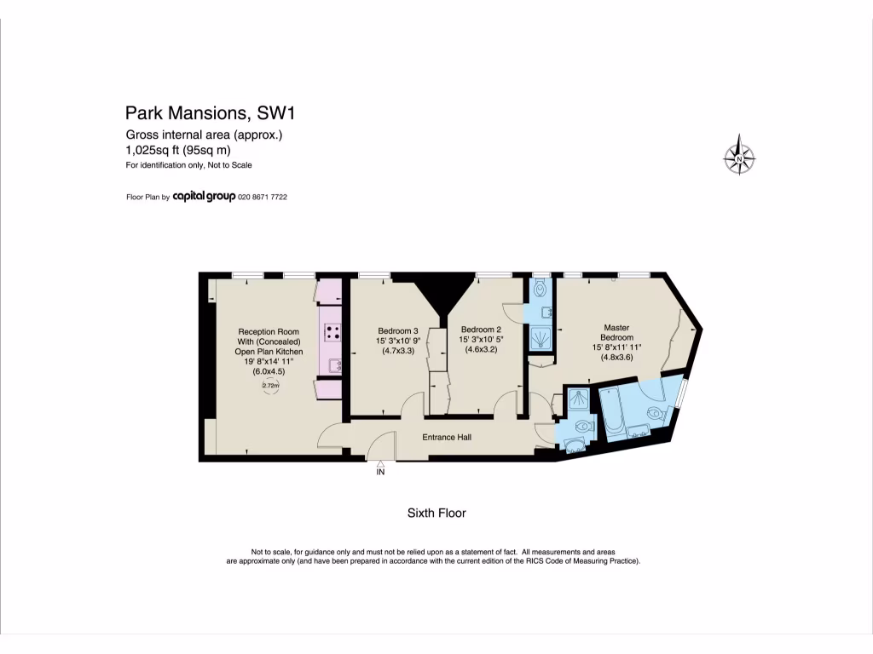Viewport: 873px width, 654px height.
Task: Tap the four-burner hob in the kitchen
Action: (331, 333)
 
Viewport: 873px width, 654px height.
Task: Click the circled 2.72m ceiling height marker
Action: (270, 386)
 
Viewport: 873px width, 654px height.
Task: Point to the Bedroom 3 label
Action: (397, 330)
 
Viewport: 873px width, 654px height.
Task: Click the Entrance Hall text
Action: (447, 437)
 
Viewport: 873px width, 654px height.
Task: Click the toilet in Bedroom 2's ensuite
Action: (539, 290)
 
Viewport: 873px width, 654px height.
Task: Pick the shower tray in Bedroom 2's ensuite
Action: (539, 340)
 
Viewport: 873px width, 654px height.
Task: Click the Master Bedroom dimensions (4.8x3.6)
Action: (616, 358)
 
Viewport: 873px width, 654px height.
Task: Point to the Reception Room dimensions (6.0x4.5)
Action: (268, 371)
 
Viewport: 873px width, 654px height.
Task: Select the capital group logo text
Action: (211, 197)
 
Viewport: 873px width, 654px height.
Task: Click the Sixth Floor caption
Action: (436, 513)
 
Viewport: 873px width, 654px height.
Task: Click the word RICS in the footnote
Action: (524, 561)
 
